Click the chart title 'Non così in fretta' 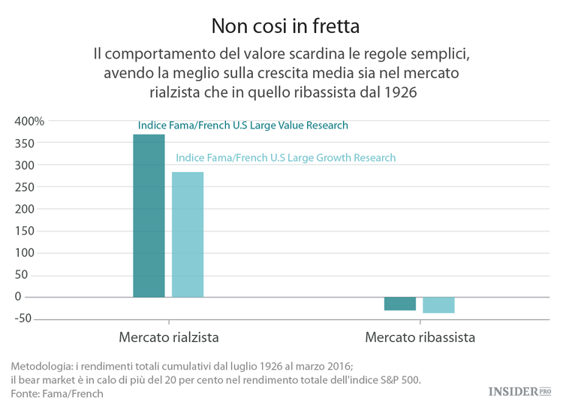tap(285, 26)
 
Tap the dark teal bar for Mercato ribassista tap(400, 304)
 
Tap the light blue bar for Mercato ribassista tap(438, 305)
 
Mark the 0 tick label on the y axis tap(39, 297)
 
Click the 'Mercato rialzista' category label tap(169, 337)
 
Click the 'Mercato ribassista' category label tap(420, 337)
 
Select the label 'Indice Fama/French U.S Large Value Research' tap(243, 125)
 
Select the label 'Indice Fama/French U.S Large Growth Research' tap(285, 158)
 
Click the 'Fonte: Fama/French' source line tap(57, 393)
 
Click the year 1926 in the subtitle tap(399, 92)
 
